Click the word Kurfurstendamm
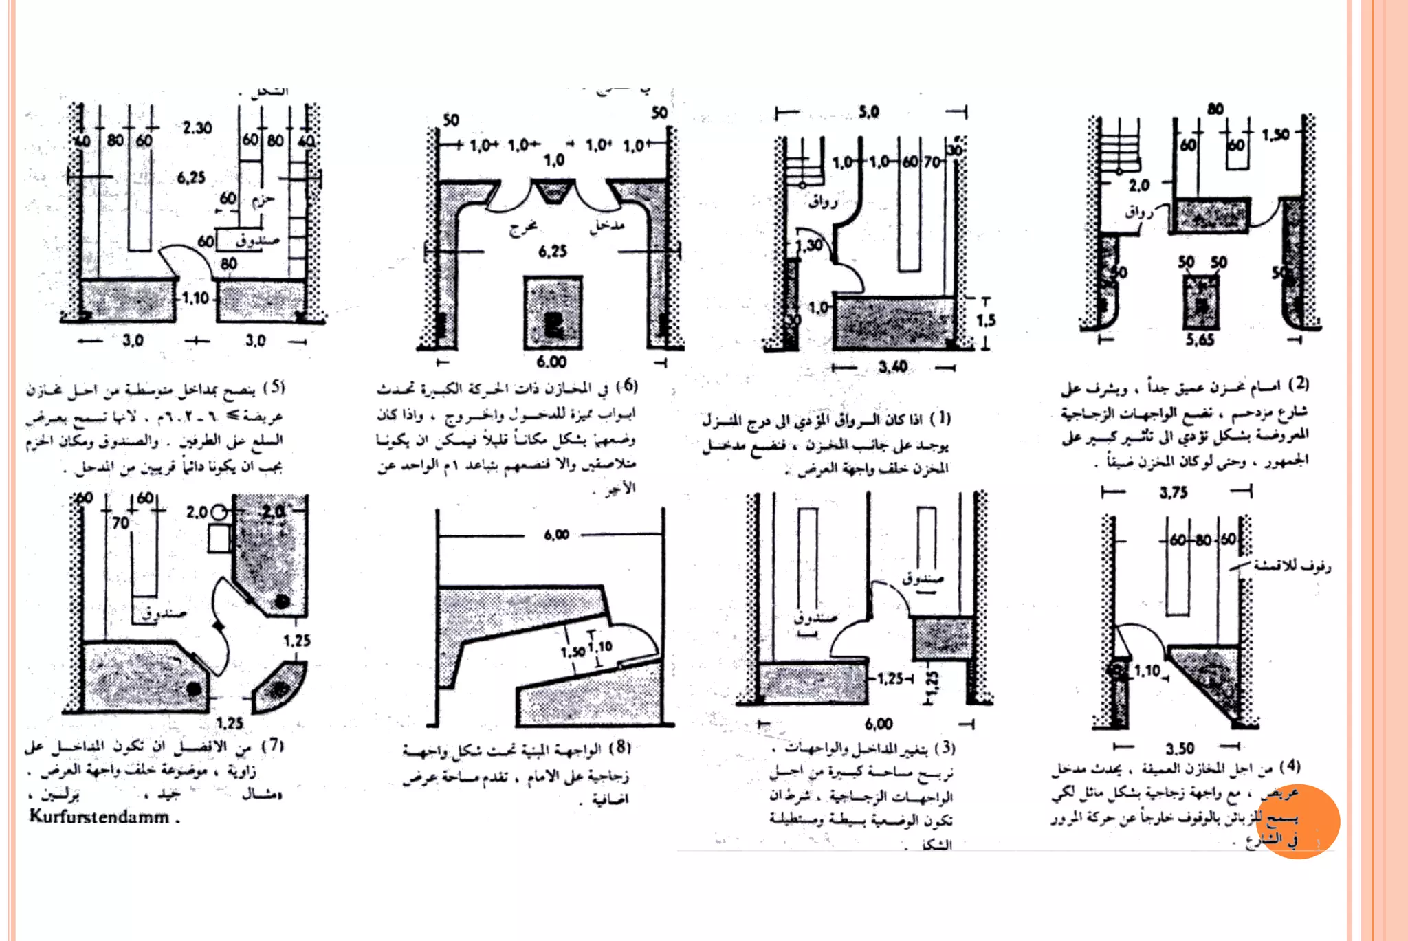click(x=99, y=817)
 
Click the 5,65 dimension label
click(x=1200, y=340)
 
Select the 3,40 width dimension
click(x=892, y=367)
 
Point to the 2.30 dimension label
click(x=197, y=128)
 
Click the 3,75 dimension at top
click(x=1174, y=492)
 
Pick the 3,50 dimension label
click(x=1180, y=748)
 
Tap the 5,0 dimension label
click(x=869, y=112)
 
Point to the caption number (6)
click(x=626, y=386)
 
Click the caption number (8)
click(x=620, y=747)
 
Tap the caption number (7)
click(x=273, y=745)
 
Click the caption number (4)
click(x=1290, y=766)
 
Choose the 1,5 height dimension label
click(x=986, y=320)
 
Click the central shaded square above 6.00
click(x=553, y=313)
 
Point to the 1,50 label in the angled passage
click(x=573, y=652)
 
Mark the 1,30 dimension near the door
click(x=809, y=245)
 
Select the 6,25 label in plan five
click(x=191, y=177)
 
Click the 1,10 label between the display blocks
click(x=195, y=298)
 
